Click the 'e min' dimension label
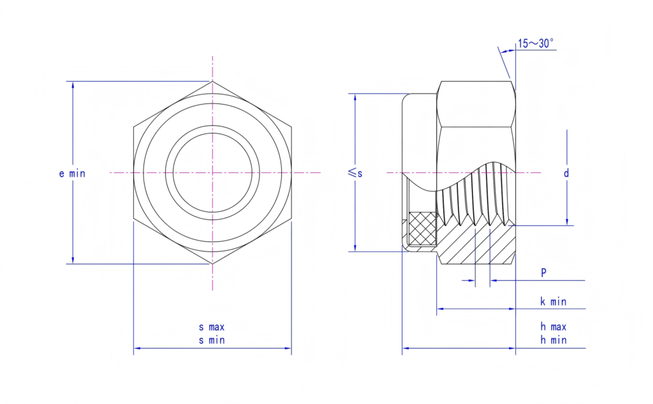[72, 174]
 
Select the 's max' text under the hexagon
[212, 327]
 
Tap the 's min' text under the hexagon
[212, 340]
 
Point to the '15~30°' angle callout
[536, 43]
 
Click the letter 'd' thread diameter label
[566, 173]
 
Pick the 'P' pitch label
[543, 273]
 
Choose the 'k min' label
[554, 301]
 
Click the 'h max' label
[554, 327]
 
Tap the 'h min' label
[554, 340]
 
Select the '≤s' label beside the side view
[355, 172]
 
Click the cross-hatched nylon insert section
[422, 228]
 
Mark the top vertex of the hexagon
[212, 81]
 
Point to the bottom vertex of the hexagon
[212, 264]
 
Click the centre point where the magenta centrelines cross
[212, 172]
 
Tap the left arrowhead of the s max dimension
[137, 348]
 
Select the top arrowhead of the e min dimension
[73, 85]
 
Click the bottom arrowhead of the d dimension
[567, 222]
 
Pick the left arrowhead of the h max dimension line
[406, 348]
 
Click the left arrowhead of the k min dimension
[440, 309]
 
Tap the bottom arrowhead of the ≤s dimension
[355, 248]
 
